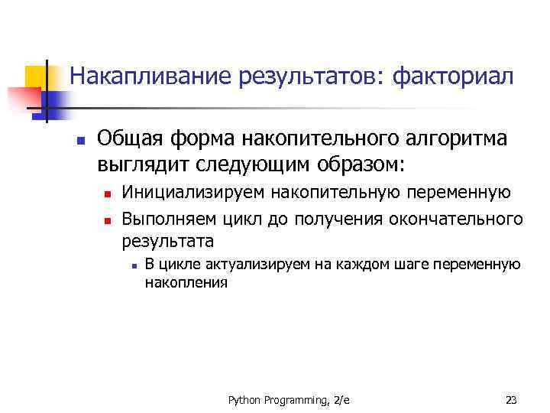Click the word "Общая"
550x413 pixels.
[128, 140]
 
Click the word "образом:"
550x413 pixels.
[361, 164]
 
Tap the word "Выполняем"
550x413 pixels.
[170, 220]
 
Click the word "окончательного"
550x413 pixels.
[456, 220]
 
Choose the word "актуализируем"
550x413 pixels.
[236, 265]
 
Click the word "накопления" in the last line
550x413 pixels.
[186, 283]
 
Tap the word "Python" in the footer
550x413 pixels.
[244, 399]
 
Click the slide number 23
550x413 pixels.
[511, 399]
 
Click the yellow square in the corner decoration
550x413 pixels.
[35, 75]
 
